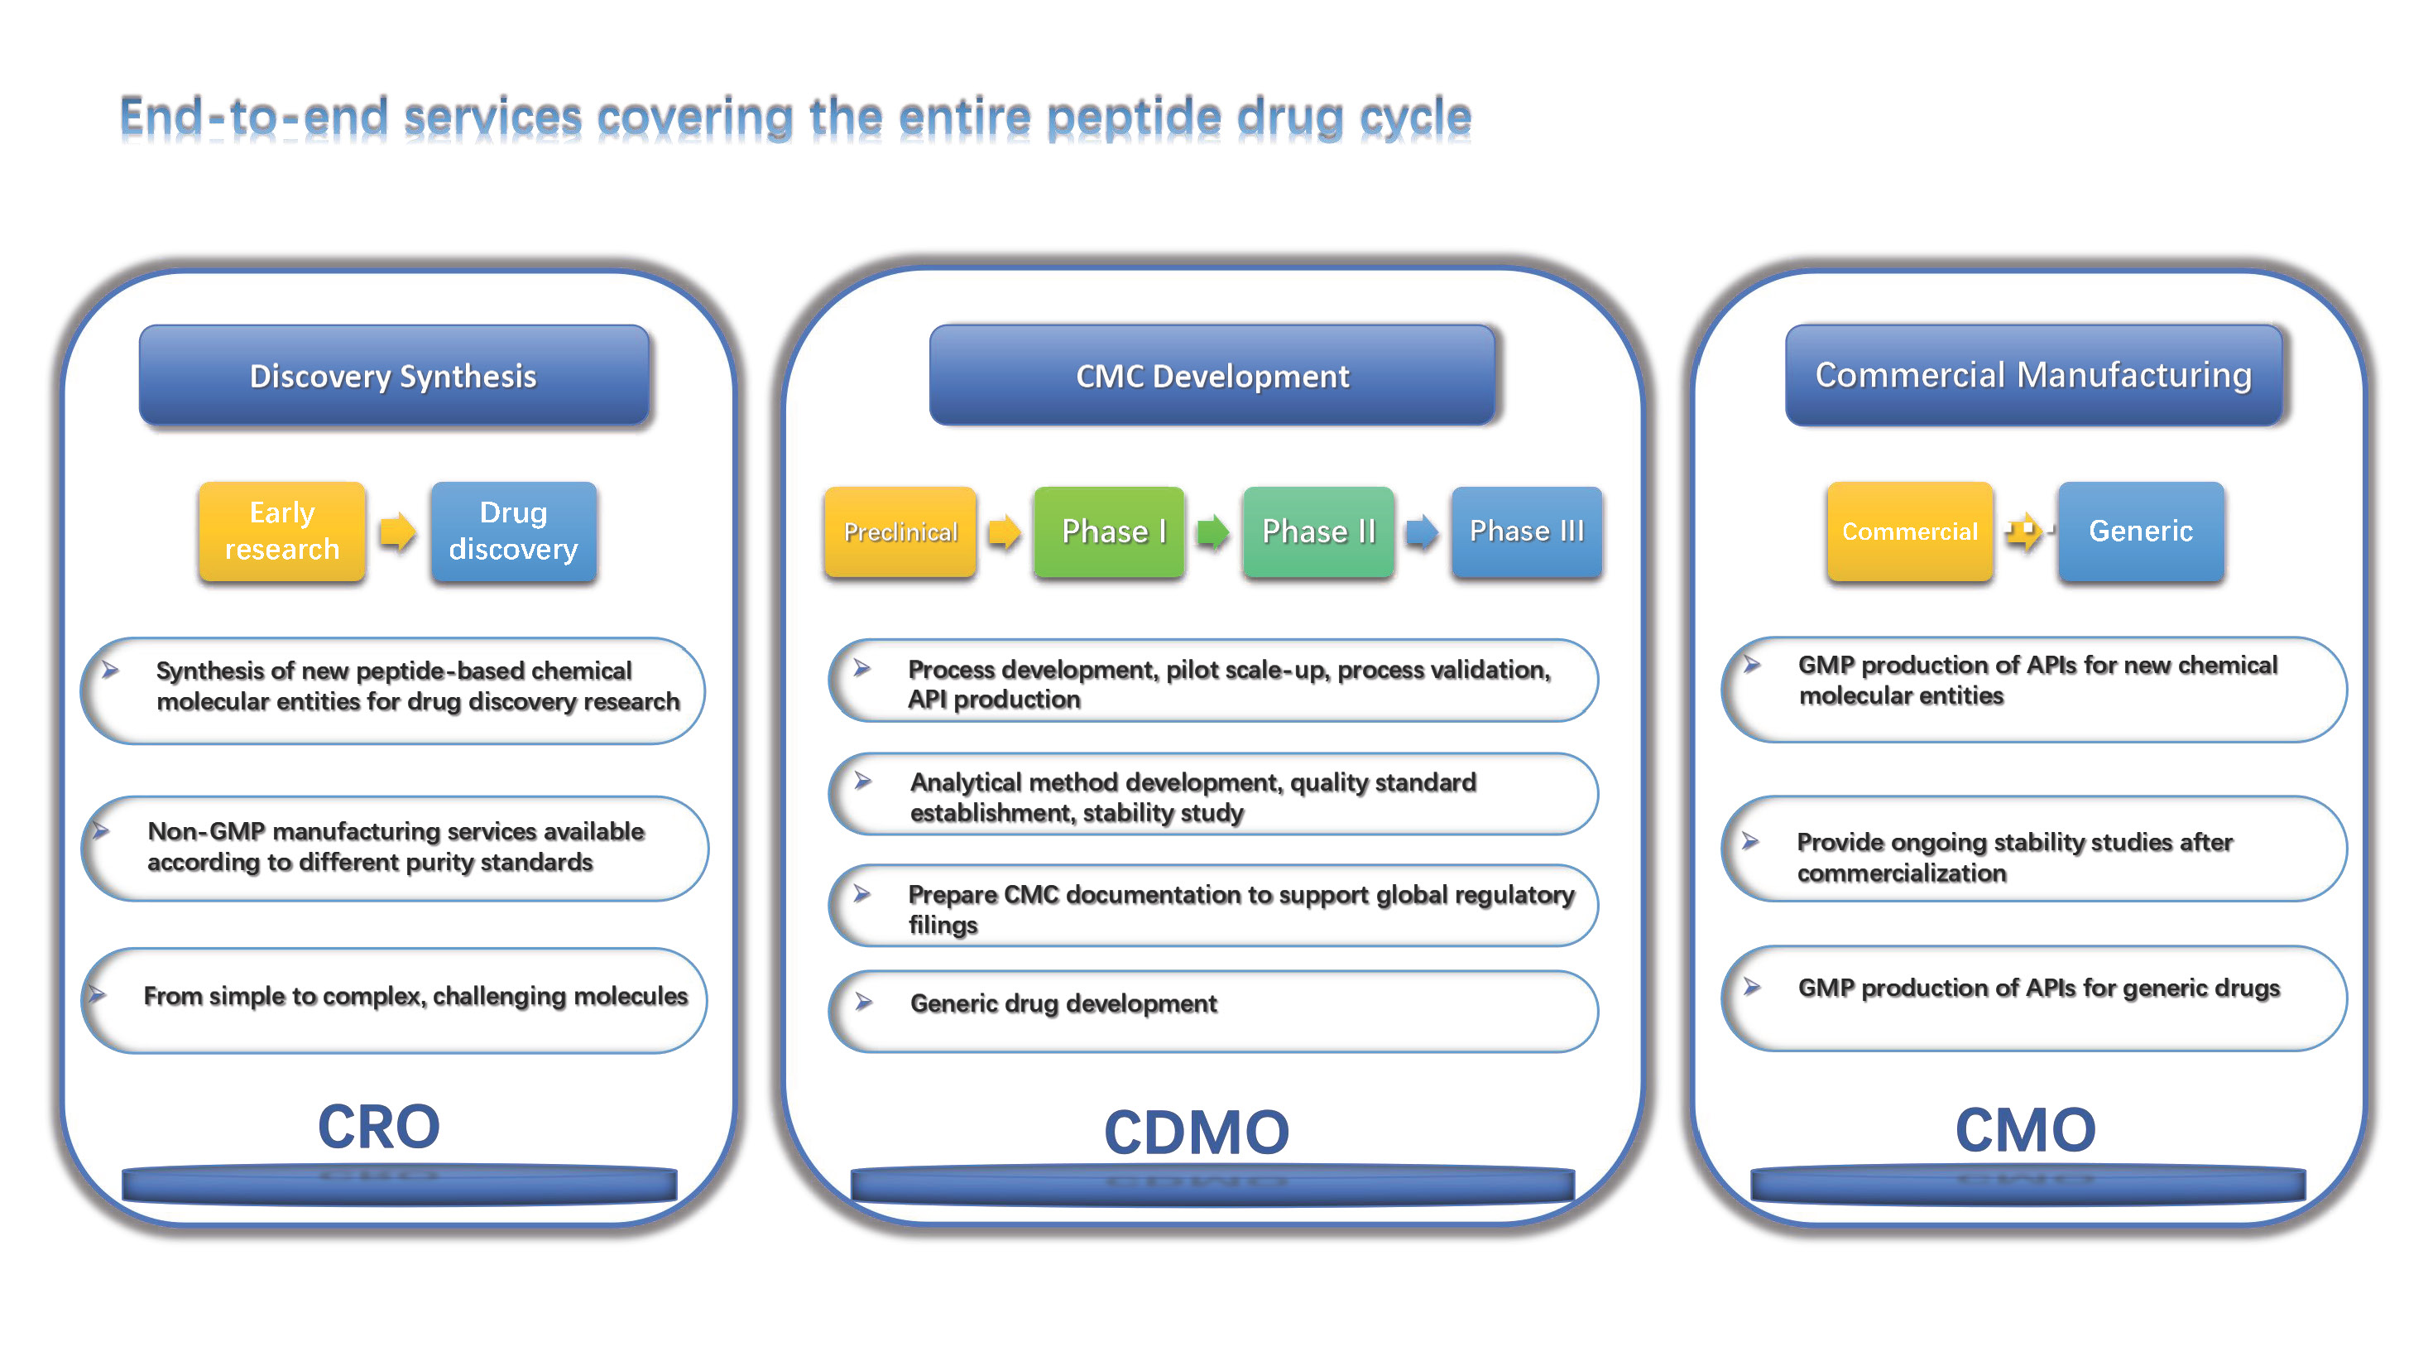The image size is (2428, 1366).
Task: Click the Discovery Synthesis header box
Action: click(394, 375)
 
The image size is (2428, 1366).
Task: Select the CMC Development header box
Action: click(1212, 375)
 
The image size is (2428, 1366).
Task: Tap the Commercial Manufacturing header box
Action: click(2034, 375)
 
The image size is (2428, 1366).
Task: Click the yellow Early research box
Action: click(282, 531)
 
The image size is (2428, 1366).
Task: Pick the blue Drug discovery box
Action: click(514, 531)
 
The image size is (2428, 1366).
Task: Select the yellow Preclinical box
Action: click(900, 531)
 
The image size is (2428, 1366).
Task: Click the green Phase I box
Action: click(1110, 531)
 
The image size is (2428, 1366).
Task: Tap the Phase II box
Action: click(1318, 531)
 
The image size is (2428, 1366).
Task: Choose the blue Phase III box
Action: click(1527, 531)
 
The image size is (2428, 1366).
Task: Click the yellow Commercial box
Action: click(1910, 531)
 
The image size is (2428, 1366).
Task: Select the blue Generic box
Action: click(2142, 531)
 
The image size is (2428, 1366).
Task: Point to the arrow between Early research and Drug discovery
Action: click(398, 531)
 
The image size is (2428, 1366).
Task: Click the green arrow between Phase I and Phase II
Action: click(1213, 531)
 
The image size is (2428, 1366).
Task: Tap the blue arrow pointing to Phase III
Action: click(1423, 531)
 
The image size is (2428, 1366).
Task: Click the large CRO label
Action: click(379, 1126)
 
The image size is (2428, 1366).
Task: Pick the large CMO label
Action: click(2026, 1128)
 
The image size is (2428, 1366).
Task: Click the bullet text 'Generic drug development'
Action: click(1063, 1003)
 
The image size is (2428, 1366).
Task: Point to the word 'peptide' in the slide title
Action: click(1134, 118)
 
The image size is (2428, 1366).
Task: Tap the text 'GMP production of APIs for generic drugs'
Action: click(2039, 988)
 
